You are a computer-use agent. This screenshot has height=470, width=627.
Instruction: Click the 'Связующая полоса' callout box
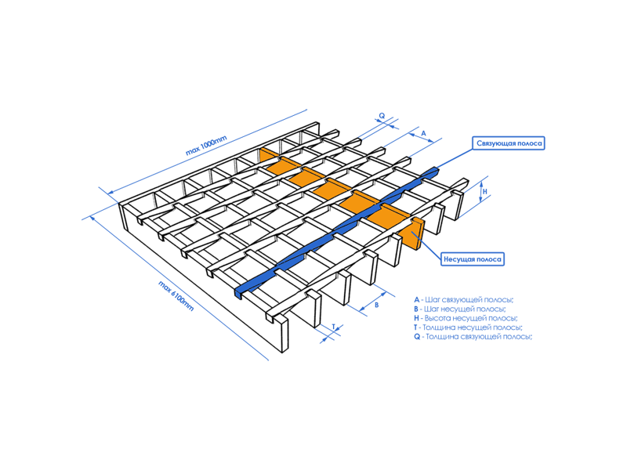(509, 143)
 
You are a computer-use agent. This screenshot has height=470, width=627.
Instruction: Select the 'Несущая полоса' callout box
(473, 259)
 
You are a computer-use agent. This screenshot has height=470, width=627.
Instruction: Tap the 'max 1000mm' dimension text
(206, 146)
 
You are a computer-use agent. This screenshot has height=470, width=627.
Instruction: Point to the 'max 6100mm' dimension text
(176, 296)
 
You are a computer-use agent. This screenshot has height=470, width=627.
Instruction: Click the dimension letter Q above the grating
(382, 116)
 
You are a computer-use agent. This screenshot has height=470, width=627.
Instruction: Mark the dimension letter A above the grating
(424, 133)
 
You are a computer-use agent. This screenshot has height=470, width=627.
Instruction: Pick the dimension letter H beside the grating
(485, 191)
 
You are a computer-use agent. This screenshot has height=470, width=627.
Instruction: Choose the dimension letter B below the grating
(376, 305)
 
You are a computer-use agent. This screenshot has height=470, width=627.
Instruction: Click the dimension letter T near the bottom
(334, 327)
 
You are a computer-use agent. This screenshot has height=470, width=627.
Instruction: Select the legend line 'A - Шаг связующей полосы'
(464, 300)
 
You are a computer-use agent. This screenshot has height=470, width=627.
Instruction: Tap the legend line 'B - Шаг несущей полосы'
(460, 309)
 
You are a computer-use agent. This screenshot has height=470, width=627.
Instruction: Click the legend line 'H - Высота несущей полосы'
(466, 318)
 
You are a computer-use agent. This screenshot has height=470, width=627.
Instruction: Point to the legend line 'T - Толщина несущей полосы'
(468, 327)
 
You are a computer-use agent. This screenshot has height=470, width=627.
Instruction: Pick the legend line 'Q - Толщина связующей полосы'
(473, 337)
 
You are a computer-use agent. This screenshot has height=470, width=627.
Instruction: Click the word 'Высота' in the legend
(437, 318)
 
